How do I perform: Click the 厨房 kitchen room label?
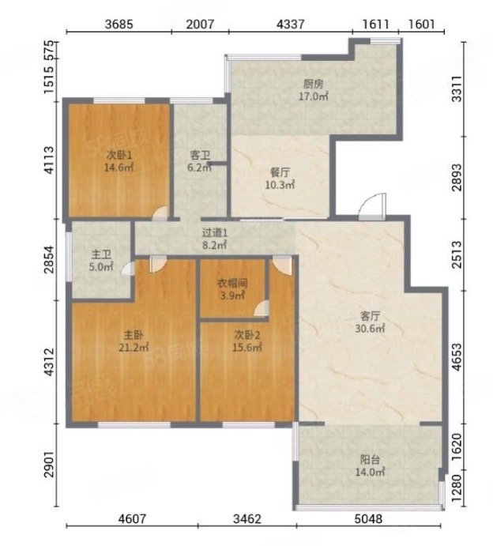[314, 84]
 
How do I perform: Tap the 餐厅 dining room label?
[280, 172]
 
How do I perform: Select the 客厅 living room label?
[370, 316]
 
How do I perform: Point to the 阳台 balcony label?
[370, 460]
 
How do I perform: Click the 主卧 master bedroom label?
[134, 335]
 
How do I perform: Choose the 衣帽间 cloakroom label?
[232, 284]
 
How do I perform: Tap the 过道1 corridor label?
[215, 232]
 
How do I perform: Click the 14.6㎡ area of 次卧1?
[119, 168]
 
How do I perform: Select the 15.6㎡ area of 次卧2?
[247, 348]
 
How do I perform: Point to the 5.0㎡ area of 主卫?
[101, 267]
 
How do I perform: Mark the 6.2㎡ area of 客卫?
[200, 168]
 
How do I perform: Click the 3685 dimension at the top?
[119, 24]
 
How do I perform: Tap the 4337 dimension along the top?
[291, 24]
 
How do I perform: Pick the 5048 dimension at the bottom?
[368, 519]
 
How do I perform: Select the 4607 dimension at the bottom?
[132, 519]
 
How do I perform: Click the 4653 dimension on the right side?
[457, 357]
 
